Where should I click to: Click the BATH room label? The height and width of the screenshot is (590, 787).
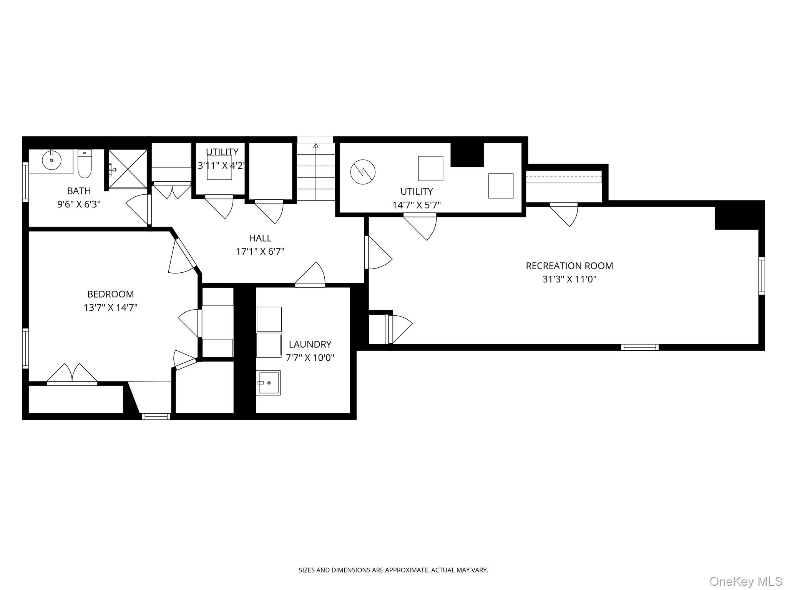coord(79,191)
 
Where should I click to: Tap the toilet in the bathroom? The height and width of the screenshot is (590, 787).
coord(85,164)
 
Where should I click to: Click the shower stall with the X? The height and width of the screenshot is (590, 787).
coord(128,169)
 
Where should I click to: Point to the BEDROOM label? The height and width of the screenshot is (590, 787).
coord(110,294)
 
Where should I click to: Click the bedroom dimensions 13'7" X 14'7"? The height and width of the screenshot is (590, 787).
coord(110,308)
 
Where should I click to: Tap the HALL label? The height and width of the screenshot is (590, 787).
coord(260,238)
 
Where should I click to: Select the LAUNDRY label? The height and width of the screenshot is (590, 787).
coord(310,344)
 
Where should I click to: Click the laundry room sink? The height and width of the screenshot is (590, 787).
coord(268,383)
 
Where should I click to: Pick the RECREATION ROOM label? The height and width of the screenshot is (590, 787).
coord(569,266)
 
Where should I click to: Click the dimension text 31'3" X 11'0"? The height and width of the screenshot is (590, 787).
coord(569,279)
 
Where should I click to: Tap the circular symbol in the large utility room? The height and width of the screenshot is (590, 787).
coord(363,172)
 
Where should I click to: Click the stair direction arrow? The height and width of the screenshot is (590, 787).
coord(316,146)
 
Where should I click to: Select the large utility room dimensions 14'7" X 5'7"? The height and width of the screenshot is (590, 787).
coord(416,205)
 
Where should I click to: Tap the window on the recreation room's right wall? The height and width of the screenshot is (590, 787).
coord(761,276)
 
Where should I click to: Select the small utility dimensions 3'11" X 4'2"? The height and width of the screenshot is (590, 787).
coord(221,166)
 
